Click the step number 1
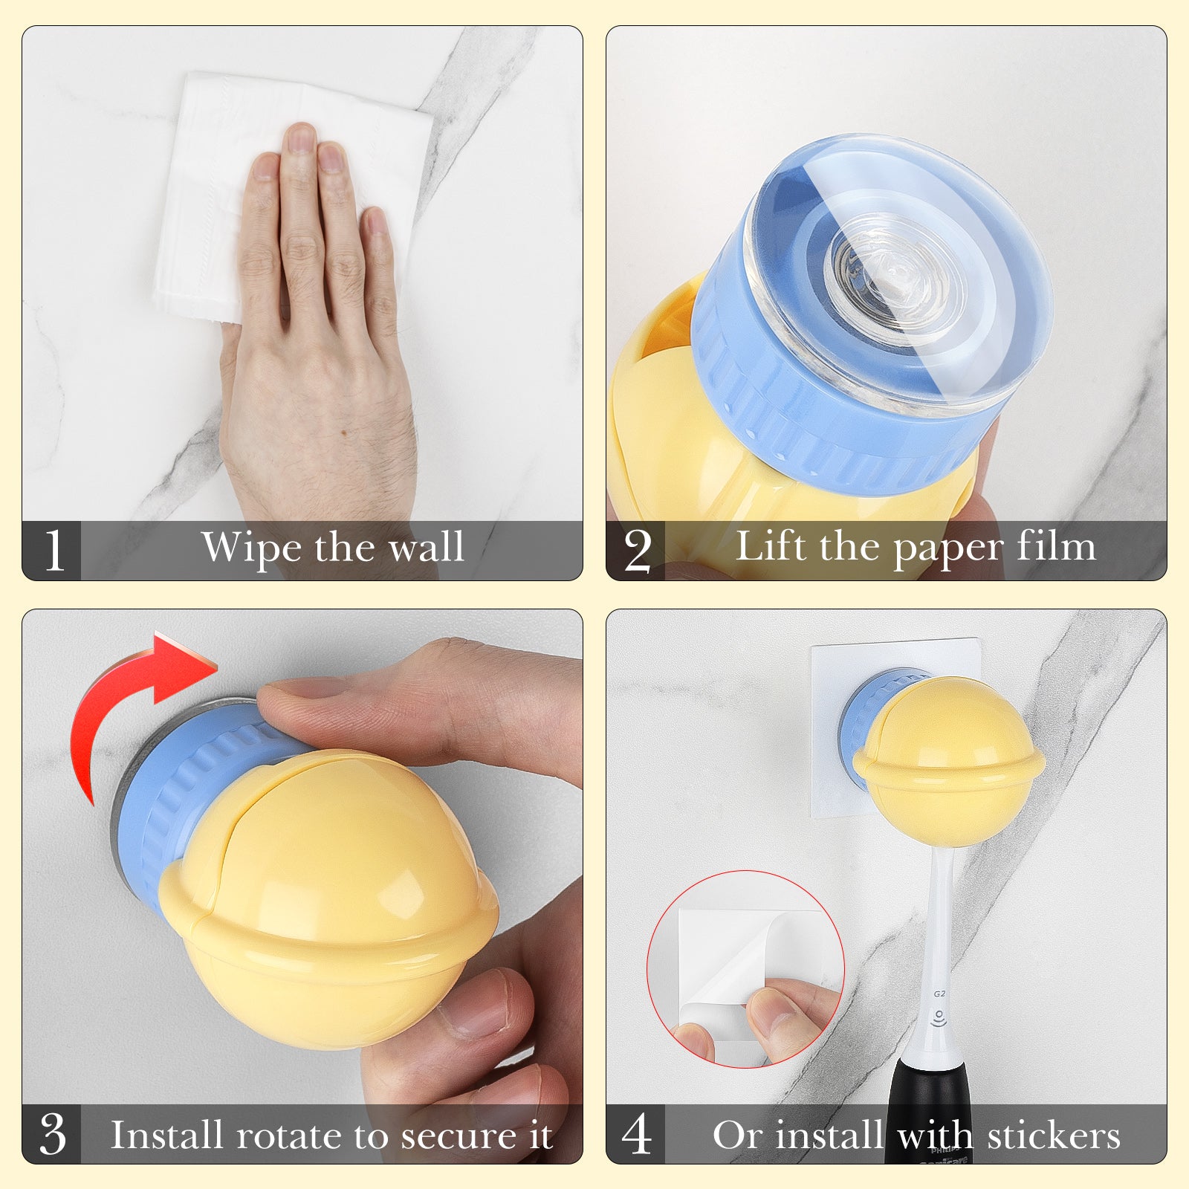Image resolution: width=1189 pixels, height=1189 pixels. click(x=54, y=551)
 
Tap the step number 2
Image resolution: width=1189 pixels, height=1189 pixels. click(x=638, y=551)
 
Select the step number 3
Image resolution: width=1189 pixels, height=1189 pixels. click(x=53, y=1134)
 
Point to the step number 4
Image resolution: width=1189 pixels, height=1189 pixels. click(x=637, y=1134)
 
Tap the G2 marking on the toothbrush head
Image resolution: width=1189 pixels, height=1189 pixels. click(x=939, y=994)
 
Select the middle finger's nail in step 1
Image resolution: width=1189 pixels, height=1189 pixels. click(x=300, y=138)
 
